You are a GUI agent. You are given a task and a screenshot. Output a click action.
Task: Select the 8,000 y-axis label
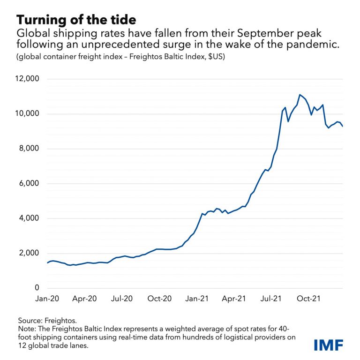tap(29, 149)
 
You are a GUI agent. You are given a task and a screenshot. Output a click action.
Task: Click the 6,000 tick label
tap(29, 184)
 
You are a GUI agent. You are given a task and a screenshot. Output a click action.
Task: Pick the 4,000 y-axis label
tap(29, 218)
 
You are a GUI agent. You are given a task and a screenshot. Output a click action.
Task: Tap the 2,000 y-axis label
tap(29, 253)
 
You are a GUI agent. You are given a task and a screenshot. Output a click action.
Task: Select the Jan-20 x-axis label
tap(48, 298)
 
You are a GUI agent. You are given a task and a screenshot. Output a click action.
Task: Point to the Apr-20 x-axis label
tap(85, 298)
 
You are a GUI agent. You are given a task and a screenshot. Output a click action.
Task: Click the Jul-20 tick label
tap(122, 298)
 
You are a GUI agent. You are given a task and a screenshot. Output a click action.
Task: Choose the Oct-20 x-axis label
tap(160, 298)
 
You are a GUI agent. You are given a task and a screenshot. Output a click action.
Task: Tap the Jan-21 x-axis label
tap(197, 298)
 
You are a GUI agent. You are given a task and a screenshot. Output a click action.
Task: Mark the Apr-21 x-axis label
tap(234, 298)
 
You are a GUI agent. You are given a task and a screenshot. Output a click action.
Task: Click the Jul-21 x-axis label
tap(271, 298)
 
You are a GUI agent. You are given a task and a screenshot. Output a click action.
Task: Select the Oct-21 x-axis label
tap(309, 298)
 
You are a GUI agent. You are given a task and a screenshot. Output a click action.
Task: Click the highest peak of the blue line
tap(300, 95)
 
